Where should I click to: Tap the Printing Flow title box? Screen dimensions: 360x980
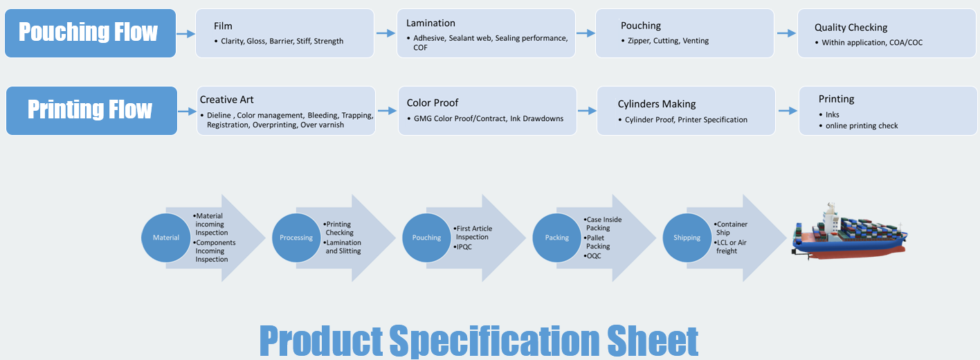(91, 110)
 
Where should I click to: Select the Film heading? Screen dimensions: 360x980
(223, 26)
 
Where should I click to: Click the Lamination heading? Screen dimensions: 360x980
(430, 24)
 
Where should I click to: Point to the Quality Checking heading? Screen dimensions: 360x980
(851, 28)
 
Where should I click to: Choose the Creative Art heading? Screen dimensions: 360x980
(226, 99)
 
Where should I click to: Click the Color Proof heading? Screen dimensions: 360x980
(433, 103)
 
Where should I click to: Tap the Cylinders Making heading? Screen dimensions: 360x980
(656, 104)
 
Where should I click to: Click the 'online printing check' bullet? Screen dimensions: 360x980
(862, 125)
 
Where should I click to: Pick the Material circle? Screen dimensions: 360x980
(166, 237)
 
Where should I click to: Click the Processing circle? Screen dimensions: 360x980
(296, 237)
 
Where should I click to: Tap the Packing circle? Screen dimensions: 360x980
(557, 237)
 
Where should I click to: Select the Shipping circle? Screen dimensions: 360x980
(687, 237)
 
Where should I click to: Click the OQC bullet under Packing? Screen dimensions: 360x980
(595, 255)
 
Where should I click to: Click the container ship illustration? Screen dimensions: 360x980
(849, 233)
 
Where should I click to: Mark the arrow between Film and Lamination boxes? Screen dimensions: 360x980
(385, 33)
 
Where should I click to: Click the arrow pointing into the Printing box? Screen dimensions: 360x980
(787, 110)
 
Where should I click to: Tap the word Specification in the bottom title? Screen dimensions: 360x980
(495, 341)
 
